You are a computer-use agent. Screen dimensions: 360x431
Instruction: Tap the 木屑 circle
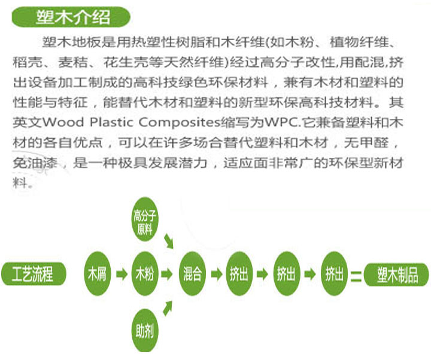click(x=97, y=274)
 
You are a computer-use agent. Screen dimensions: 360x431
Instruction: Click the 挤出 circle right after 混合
click(x=239, y=274)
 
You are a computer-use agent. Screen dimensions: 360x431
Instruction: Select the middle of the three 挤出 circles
click(x=286, y=274)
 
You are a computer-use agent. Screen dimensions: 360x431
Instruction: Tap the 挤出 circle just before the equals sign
click(x=334, y=274)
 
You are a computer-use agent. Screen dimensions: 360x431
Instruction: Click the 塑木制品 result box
click(x=398, y=274)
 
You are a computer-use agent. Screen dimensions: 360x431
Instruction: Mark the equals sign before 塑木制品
click(x=357, y=276)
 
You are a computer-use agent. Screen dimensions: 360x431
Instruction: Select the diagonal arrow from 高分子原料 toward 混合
click(x=170, y=241)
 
